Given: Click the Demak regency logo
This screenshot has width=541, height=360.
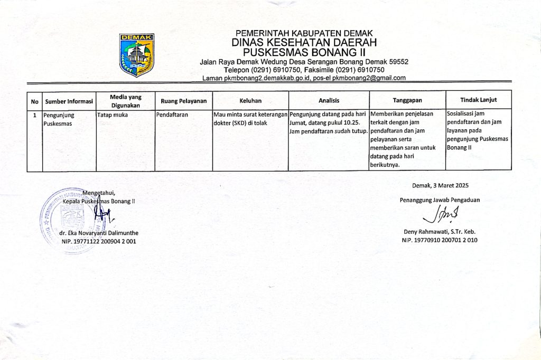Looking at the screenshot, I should pyautogui.click(x=136, y=54).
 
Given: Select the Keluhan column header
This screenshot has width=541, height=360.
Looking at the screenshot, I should pyautogui.click(x=250, y=100).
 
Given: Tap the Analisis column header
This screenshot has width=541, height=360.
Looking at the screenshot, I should pyautogui.click(x=329, y=100).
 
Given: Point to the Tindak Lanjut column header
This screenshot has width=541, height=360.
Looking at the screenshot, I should pyautogui.click(x=478, y=100).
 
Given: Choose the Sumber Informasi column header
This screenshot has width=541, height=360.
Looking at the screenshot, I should pyautogui.click(x=69, y=101).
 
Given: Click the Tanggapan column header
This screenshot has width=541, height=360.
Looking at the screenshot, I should pyautogui.click(x=407, y=100).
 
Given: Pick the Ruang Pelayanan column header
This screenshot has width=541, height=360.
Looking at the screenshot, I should pyautogui.click(x=183, y=100).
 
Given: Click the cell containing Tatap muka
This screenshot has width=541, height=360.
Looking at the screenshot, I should pyautogui.click(x=113, y=114).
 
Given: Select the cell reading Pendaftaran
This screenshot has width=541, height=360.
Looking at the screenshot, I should pyautogui.click(x=173, y=114).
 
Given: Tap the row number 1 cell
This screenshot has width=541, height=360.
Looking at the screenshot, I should pyautogui.click(x=34, y=114).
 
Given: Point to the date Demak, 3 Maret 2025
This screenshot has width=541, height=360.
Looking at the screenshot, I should pyautogui.click(x=440, y=185).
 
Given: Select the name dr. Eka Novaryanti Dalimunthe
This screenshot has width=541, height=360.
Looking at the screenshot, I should pyautogui.click(x=99, y=233).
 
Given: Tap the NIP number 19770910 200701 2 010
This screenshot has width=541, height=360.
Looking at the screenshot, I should pyautogui.click(x=440, y=240).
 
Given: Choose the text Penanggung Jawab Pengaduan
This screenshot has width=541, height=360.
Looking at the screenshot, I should pyautogui.click(x=440, y=200).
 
